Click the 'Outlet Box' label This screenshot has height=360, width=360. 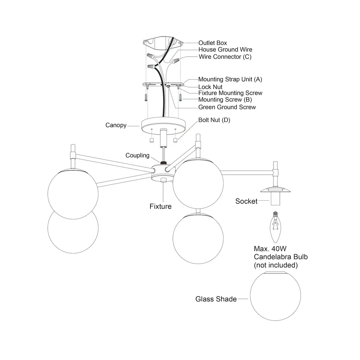[213, 43]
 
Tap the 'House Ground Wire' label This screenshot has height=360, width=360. [225, 50]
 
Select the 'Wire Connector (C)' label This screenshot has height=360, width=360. [225, 57]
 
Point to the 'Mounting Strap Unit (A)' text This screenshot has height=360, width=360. [230, 79]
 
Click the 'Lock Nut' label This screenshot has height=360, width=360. [210, 86]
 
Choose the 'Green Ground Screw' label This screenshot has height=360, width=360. [227, 107]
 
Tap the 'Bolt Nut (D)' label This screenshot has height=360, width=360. [214, 120]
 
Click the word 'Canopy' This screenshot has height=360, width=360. [116, 125]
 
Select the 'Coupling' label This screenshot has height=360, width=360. [137, 155]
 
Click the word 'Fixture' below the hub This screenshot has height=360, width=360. [160, 206]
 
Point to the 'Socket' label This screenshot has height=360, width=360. [246, 201]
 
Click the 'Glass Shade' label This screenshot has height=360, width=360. [216, 299]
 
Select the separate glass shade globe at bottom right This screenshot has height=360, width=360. [275, 297]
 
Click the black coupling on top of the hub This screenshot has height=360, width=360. [163, 163]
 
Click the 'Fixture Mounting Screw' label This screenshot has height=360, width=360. [230, 93]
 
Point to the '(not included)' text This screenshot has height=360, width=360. [276, 265]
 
